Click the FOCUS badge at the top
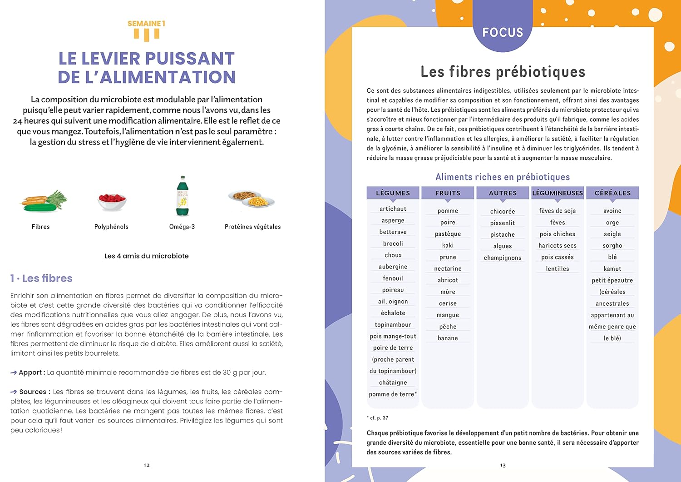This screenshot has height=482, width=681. tap(503, 32)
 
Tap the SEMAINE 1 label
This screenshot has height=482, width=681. tap(146, 24)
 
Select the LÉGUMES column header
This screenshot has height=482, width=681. tap(393, 193)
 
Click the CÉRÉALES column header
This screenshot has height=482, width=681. tap(612, 193)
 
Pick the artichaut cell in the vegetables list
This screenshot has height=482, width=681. tap(393, 209)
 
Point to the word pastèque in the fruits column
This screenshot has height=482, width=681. tap(448, 234)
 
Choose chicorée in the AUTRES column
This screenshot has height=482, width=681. tap(503, 211)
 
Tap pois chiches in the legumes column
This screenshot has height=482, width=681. tap(558, 234)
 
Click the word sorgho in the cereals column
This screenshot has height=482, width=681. tap(612, 246)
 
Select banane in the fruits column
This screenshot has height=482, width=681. tap(448, 338)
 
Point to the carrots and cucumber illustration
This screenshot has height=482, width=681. tap(44, 201)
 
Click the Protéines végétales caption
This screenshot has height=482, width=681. tap(252, 227)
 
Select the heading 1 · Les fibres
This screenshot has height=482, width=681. tap(41, 278)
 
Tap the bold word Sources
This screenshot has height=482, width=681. tap(33, 392)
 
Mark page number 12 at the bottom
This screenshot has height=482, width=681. tap(147, 465)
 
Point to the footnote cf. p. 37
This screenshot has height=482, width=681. tap(378, 418)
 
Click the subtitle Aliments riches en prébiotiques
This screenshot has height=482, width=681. tap(503, 177)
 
